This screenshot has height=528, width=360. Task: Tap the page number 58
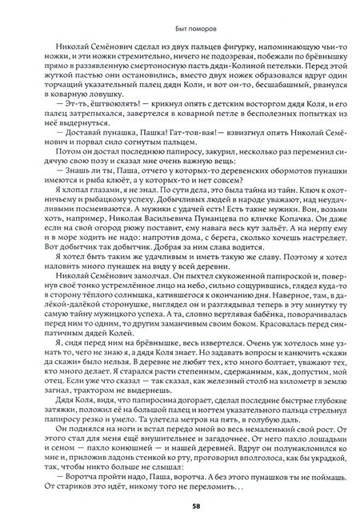[x=180, y=505]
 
